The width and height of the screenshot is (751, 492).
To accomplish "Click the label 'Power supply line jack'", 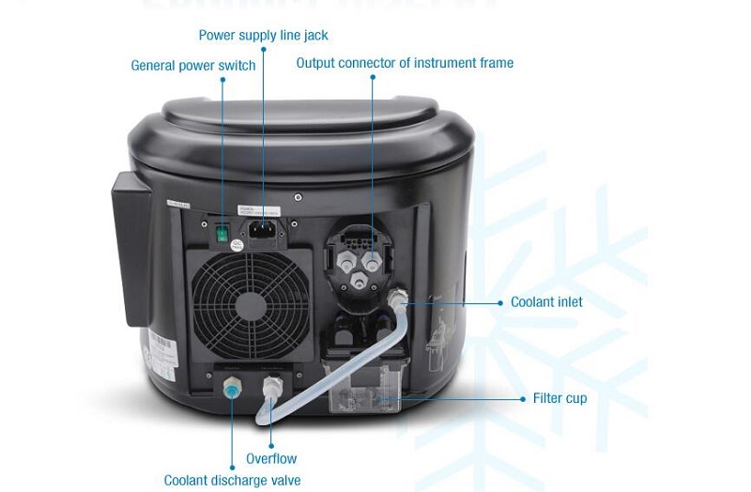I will pyautogui.click(x=264, y=36).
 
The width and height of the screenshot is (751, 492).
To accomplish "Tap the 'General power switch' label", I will pyautogui.click(x=193, y=66).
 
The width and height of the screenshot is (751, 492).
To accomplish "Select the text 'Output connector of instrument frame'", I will pyautogui.click(x=405, y=63).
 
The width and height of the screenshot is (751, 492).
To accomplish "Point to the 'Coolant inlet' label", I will pyautogui.click(x=546, y=302).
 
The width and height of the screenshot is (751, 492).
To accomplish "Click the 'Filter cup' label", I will pyautogui.click(x=559, y=398).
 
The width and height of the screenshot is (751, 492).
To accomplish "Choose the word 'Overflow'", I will pyautogui.click(x=271, y=459).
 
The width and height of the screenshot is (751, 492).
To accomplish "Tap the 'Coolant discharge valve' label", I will pyautogui.click(x=232, y=481).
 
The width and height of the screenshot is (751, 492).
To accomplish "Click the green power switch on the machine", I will pyautogui.click(x=223, y=231).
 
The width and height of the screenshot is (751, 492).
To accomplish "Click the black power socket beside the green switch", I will pyautogui.click(x=263, y=229).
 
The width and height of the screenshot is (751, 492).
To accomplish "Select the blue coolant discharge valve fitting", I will pyautogui.click(x=231, y=387).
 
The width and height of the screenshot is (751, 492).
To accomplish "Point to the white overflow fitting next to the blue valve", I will pyautogui.click(x=271, y=387).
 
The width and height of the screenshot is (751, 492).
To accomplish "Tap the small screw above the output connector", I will pyautogui.click(x=298, y=197).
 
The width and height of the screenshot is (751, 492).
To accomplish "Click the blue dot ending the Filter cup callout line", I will pyautogui.click(x=524, y=399).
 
